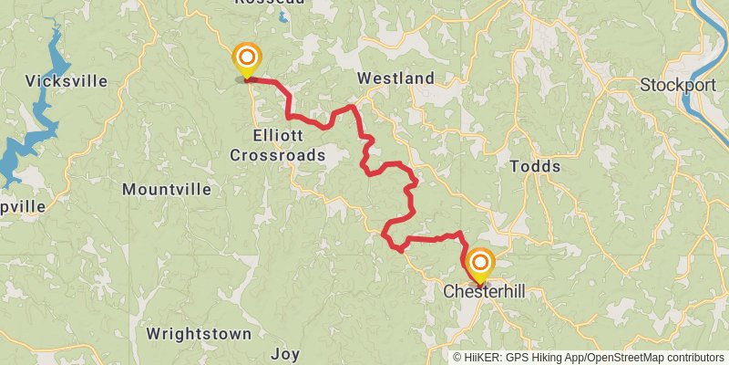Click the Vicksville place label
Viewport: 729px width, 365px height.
67,81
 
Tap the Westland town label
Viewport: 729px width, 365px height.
395,78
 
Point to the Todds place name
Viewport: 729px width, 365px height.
535,166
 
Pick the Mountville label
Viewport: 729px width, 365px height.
166,190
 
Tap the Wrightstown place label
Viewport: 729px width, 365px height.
199,333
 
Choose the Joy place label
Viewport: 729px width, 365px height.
284,353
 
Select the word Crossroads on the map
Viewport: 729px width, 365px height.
277,156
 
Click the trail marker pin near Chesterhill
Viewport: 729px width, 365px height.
478,266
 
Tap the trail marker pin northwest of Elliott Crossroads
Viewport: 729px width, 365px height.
245,59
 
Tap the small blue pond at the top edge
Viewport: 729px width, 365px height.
284,16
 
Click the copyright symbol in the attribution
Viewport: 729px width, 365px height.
457,357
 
